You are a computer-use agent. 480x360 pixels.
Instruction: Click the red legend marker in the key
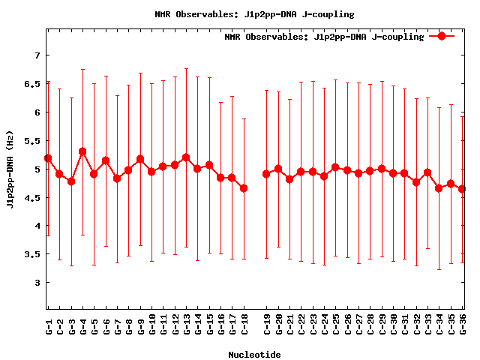[442, 36]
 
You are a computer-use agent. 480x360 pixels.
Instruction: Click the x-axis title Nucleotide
[254, 355]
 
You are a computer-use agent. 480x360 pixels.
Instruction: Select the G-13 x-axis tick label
[186, 326]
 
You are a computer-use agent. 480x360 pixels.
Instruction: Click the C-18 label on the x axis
[244, 326]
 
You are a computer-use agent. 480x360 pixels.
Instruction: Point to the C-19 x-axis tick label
[266, 326]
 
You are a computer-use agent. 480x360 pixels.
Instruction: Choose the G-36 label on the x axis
[462, 326]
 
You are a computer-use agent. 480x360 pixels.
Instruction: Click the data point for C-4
[82, 151]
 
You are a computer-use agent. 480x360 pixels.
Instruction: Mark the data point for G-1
[48, 158]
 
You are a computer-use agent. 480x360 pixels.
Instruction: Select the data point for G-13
[186, 157]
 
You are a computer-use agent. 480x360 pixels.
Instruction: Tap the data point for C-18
[244, 188]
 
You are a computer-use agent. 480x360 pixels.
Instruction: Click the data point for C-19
[266, 174]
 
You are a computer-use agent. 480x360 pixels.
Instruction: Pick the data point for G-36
[462, 189]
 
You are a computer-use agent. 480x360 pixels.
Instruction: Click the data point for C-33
[427, 172]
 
